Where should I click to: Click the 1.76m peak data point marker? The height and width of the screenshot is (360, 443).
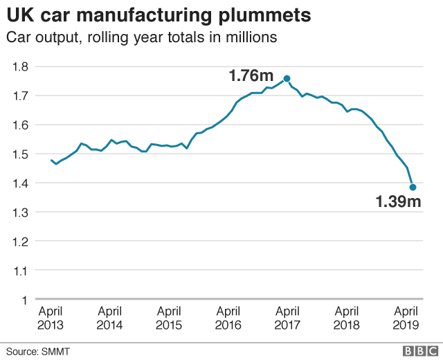[287, 78]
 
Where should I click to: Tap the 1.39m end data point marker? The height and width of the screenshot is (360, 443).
[413, 187]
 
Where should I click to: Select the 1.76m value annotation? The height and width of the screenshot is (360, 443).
[251, 75]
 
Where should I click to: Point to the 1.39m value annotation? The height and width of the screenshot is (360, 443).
[398, 202]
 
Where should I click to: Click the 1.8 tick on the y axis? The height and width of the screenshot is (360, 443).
[19, 66]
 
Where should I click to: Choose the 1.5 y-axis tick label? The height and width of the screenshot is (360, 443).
[19, 154]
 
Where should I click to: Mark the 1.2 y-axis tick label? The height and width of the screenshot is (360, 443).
[19, 242]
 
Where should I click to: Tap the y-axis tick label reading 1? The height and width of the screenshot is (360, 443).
[24, 300]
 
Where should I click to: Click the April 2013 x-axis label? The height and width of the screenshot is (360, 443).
[51, 318]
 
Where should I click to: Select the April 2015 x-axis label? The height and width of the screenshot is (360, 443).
[169, 318]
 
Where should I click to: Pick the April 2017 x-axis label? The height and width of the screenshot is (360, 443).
[287, 318]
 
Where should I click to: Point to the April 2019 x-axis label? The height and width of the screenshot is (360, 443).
[406, 318]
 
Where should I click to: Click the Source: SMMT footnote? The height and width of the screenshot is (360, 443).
[39, 352]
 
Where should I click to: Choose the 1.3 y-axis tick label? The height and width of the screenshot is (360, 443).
[19, 213]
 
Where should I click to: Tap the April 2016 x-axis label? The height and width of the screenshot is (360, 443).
[228, 318]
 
